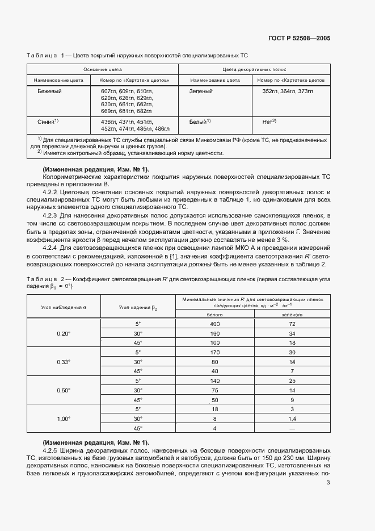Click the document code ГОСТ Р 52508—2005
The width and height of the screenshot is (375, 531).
point(299,39)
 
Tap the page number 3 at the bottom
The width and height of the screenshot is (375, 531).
point(328,483)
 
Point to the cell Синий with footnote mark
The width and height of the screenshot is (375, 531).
point(48,122)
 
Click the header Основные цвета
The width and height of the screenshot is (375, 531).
point(102,69)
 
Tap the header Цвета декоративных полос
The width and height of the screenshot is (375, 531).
point(254,69)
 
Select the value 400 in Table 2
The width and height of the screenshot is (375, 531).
point(214,324)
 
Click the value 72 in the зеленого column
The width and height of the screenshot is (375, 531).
point(292,324)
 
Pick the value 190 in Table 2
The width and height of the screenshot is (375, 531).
point(214,333)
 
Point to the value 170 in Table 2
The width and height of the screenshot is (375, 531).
point(214,352)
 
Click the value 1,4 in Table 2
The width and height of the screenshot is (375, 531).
point(292,419)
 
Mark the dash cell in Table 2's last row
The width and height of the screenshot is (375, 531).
point(292,428)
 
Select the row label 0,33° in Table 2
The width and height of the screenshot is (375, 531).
point(64,362)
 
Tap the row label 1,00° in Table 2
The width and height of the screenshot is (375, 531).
point(64,419)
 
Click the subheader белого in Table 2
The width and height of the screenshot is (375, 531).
point(214,314)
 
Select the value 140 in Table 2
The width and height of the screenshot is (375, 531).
point(214,381)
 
